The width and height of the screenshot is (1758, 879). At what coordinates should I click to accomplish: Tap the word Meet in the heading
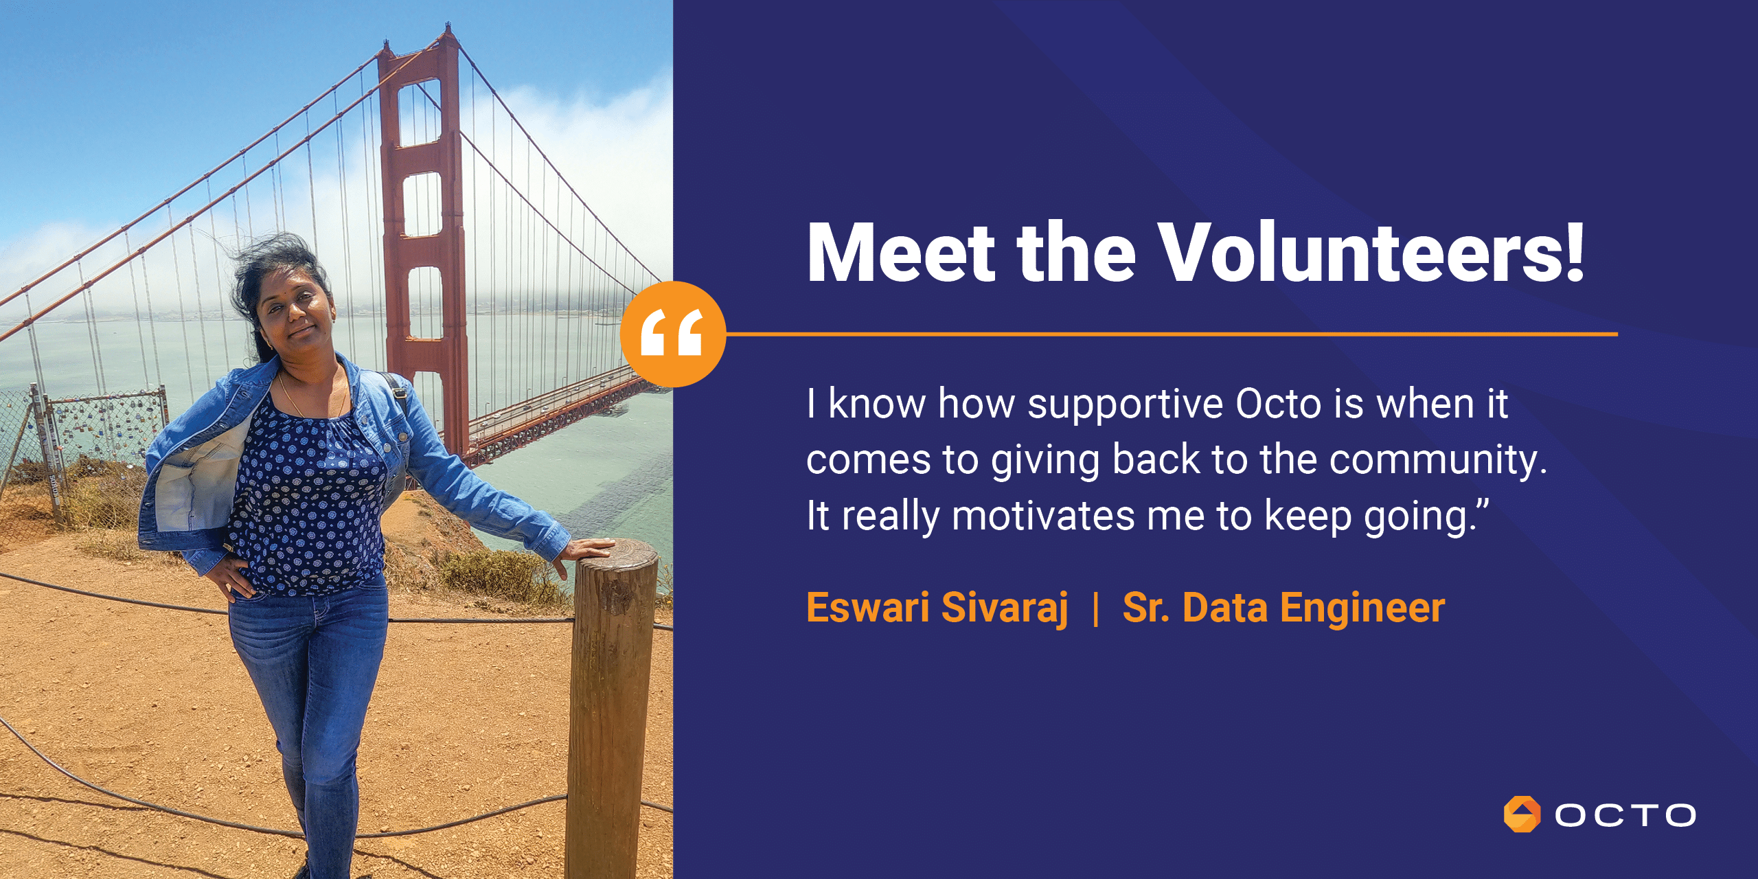click(901, 252)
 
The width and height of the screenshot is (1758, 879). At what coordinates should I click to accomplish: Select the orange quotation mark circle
click(673, 334)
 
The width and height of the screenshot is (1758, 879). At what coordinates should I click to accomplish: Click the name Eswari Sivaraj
click(937, 608)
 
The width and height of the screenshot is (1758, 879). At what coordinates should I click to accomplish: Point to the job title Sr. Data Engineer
click(1283, 608)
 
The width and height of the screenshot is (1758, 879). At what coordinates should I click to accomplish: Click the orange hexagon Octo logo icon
click(1522, 814)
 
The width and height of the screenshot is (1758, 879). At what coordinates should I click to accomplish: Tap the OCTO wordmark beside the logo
click(1625, 815)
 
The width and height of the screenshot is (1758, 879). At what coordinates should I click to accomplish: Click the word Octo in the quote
click(1278, 403)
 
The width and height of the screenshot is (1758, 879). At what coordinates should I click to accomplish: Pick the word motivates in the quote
click(1044, 516)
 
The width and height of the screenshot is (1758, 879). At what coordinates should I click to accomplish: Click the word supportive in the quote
click(1125, 405)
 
